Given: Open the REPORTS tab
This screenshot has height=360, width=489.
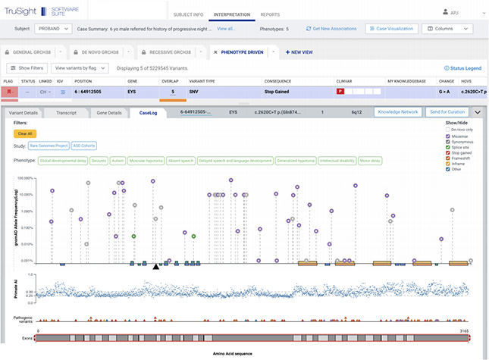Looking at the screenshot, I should [270, 14].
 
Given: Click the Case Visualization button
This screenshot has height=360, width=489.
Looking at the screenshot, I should [390, 28].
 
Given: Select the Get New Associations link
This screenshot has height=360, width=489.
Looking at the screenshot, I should [332, 28].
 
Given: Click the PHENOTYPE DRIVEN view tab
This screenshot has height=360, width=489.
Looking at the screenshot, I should [242, 52].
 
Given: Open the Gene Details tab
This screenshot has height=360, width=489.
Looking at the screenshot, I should [109, 112].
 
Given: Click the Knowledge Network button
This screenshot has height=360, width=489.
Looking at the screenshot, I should [397, 112].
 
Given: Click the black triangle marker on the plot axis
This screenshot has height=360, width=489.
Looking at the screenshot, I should [155, 266].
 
